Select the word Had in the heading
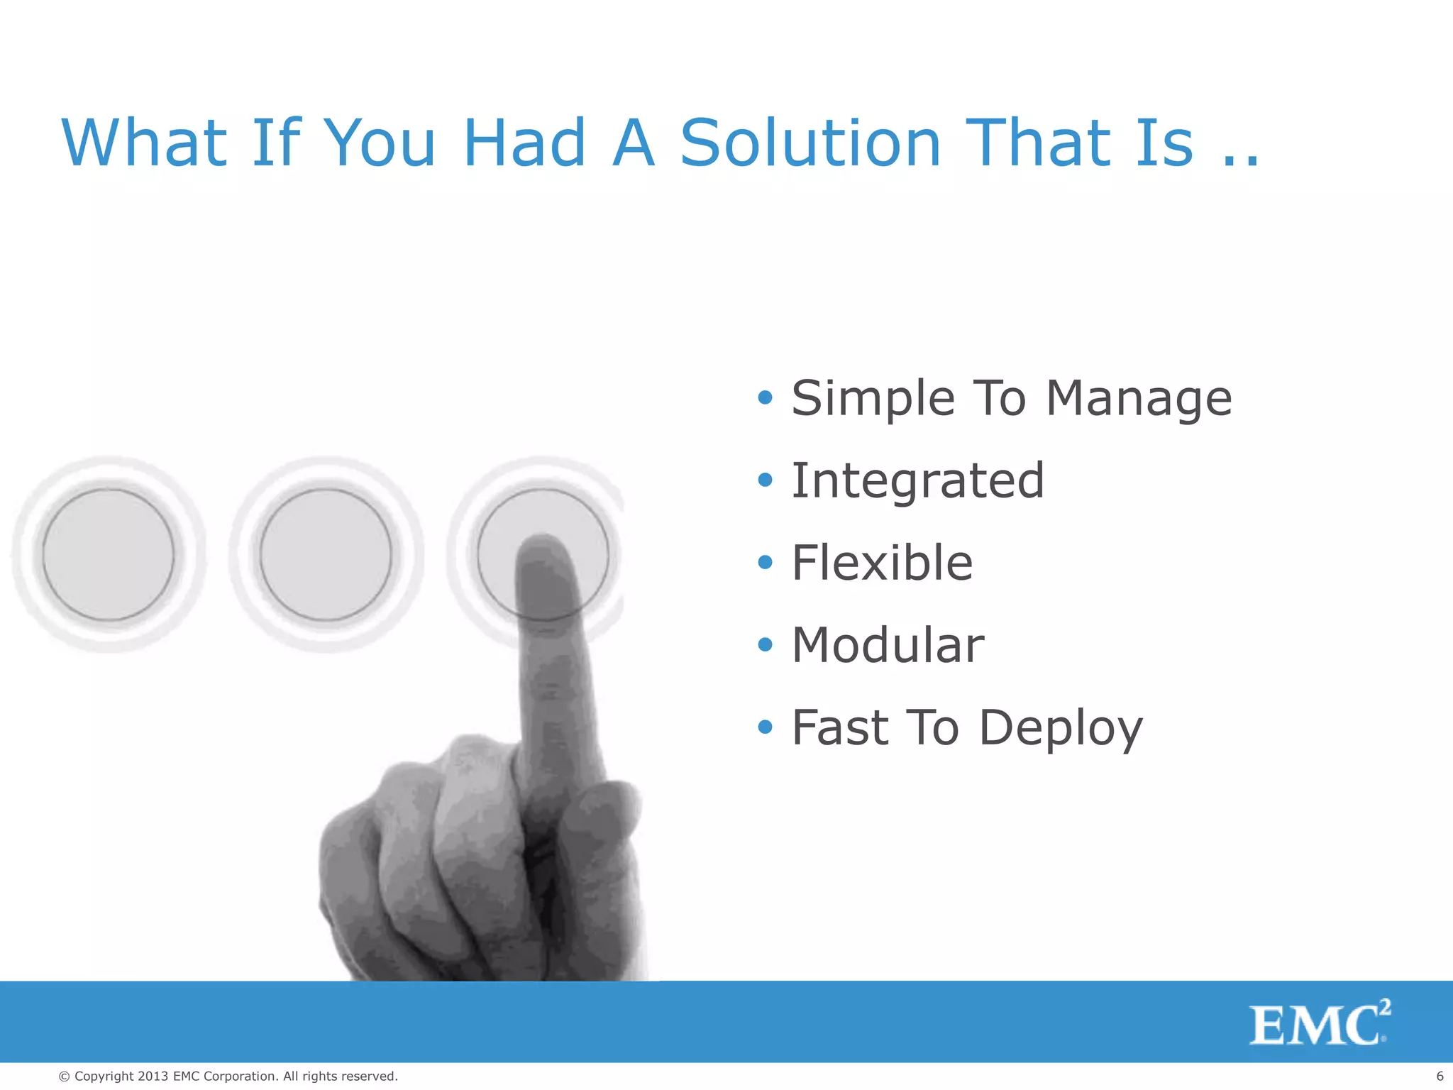pos(524,143)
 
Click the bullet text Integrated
pos(917,480)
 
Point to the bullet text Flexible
pos(882,563)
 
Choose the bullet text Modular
pos(888,645)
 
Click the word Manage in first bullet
pos(1139,399)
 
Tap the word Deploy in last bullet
pos(1061,729)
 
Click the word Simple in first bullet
pos(873,399)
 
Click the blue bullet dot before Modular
pos(764,644)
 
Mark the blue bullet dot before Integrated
pos(764,480)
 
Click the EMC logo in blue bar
pos(1318,1023)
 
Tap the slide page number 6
pos(1440,1077)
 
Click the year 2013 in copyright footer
pos(153,1077)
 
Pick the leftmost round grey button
pos(109,554)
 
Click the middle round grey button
pos(326,554)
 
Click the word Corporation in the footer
pos(239,1077)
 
